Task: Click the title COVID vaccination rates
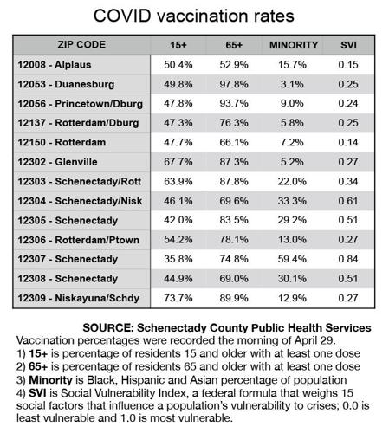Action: [193, 17]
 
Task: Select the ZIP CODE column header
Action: [79, 44]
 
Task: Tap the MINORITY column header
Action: [294, 44]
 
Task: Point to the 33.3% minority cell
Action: [293, 202]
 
